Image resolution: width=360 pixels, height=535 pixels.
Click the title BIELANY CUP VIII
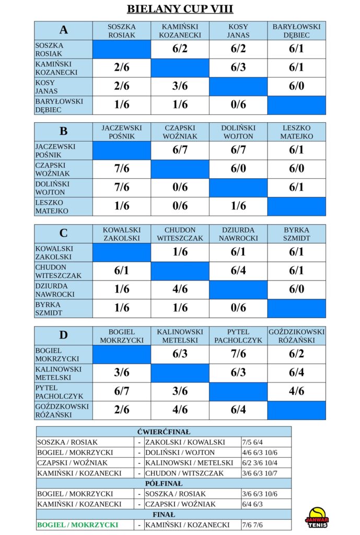pyautogui.click(x=180, y=8)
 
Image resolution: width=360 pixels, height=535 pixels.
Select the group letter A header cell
pyautogui.click(x=63, y=30)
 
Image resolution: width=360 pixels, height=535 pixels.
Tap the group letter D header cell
pyautogui.click(x=63, y=335)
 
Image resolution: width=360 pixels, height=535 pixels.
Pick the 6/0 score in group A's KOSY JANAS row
pyautogui.click(x=297, y=86)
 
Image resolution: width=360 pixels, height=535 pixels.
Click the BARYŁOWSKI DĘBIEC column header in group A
pyautogui.click(x=297, y=31)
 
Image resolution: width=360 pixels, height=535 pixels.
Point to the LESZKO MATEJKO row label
pyautogui.click(x=52, y=207)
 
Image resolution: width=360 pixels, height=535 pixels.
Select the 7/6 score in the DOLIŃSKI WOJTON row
pyautogui.click(x=122, y=188)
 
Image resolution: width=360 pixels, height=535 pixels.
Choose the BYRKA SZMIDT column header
pyautogui.click(x=297, y=234)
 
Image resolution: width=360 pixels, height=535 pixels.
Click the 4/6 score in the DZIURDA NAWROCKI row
pyautogui.click(x=180, y=289)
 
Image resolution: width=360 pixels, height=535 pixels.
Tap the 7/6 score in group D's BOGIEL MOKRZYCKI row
pyautogui.click(x=238, y=354)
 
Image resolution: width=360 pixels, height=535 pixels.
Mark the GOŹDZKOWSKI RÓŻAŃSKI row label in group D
pyautogui.click(x=62, y=411)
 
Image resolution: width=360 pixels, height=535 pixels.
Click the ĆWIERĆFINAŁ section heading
pyautogui.click(x=164, y=432)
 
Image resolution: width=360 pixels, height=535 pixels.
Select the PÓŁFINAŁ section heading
pyautogui.click(x=164, y=483)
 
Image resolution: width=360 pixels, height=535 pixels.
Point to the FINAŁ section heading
pyautogui.click(x=164, y=515)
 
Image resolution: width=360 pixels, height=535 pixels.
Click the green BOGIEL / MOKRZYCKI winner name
pyautogui.click(x=77, y=525)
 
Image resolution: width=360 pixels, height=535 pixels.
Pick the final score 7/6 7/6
pyautogui.click(x=252, y=525)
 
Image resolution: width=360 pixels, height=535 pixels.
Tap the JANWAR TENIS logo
pyautogui.click(x=317, y=518)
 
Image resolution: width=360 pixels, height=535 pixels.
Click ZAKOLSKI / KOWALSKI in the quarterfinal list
pyautogui.click(x=185, y=442)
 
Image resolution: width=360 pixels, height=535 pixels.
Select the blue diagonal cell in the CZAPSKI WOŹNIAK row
pyautogui.click(x=180, y=169)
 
